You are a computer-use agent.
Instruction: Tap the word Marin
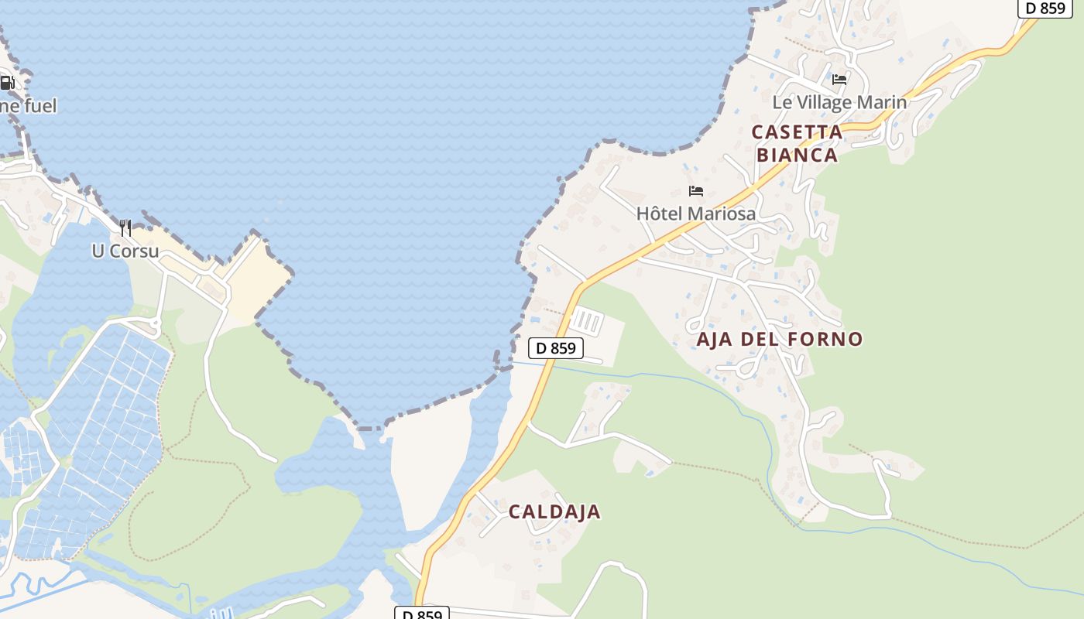coord(886,102)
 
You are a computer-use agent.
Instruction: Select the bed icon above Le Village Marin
coord(839,79)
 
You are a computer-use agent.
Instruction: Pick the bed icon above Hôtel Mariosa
coord(696,191)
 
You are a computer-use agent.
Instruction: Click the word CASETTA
coord(797,132)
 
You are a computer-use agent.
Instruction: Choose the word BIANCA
coord(797,155)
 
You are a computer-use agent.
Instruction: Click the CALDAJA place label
coord(554,511)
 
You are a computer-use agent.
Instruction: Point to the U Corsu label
coord(125,251)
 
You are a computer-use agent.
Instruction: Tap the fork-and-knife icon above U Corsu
coord(125,227)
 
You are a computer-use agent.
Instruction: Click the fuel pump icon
coord(6,83)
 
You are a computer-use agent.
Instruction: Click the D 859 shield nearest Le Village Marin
coord(1045,9)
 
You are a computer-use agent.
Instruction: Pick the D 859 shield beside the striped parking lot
coord(555,348)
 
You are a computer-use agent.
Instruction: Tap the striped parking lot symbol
coord(586,320)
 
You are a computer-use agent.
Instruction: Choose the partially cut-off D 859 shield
coord(422,614)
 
